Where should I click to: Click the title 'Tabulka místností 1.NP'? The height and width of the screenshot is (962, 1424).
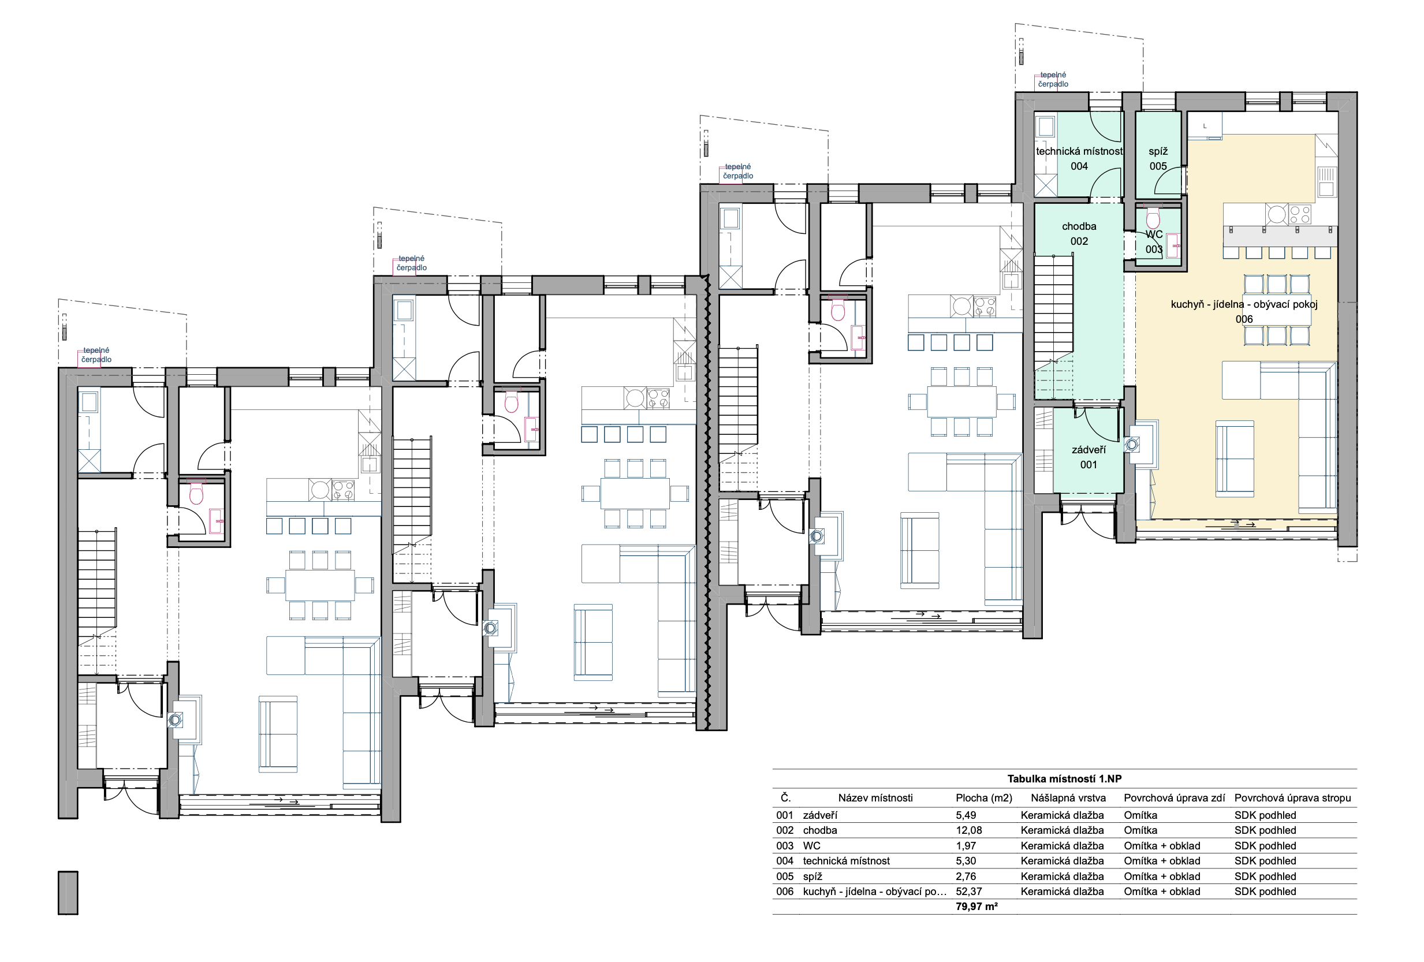point(1064,779)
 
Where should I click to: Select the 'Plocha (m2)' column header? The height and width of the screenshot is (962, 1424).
point(983,798)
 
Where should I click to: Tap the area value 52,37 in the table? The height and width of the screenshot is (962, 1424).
point(969,892)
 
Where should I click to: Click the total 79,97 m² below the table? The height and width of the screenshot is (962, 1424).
point(976,906)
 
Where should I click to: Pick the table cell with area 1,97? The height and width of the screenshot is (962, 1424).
point(966,845)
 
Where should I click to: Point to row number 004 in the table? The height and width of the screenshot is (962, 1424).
point(784,861)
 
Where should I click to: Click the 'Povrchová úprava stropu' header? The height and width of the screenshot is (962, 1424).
point(1292,798)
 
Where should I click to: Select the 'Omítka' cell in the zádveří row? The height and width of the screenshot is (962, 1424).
point(1140,815)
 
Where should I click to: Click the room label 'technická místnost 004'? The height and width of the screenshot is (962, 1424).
point(1079,159)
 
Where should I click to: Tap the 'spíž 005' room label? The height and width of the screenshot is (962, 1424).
point(1158,159)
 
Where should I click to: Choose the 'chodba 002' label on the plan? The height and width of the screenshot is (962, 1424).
point(1079,233)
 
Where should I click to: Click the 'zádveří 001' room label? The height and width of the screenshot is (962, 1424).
point(1088,457)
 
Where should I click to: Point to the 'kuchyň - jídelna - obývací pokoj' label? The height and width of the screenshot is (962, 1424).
point(1244,304)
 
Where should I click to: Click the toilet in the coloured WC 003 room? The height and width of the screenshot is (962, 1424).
point(1153,217)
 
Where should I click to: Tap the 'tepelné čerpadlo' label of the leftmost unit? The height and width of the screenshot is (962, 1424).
point(96,355)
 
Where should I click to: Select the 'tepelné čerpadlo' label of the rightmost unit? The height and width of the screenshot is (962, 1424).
point(1053,80)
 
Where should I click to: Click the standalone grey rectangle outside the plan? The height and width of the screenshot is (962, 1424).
point(68,893)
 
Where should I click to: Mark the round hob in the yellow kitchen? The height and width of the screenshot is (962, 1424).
point(1277,214)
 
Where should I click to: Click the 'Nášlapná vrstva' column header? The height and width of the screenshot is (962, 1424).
point(1068,798)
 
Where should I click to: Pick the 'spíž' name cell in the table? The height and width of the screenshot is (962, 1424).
point(812,876)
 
